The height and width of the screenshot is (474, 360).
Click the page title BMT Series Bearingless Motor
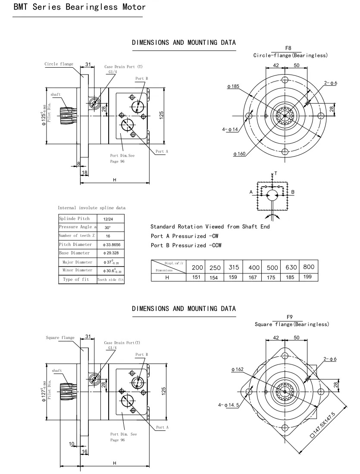tap(74, 7)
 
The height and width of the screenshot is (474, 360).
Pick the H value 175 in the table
tap(271, 277)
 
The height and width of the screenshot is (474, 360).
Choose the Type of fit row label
tap(76, 279)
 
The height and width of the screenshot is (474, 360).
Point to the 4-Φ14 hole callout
tap(230, 129)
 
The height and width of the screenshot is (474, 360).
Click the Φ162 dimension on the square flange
tap(238, 369)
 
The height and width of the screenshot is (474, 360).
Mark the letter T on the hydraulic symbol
tap(276, 173)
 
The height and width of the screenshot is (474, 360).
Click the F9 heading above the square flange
tap(289, 317)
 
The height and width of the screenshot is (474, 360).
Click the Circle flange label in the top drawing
tap(59, 64)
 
